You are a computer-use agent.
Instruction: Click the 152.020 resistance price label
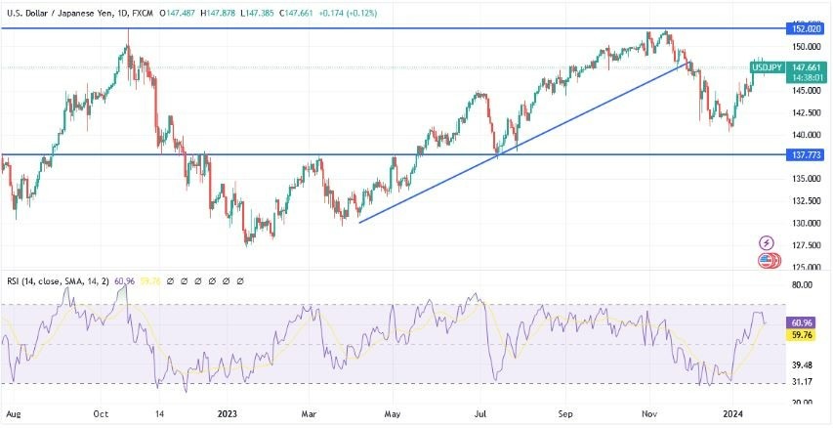click(807, 29)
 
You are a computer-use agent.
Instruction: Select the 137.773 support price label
click(807, 154)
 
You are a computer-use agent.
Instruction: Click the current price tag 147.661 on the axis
click(807, 67)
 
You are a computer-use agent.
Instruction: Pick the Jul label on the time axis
click(480, 414)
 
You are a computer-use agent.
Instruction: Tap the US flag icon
click(768, 260)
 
